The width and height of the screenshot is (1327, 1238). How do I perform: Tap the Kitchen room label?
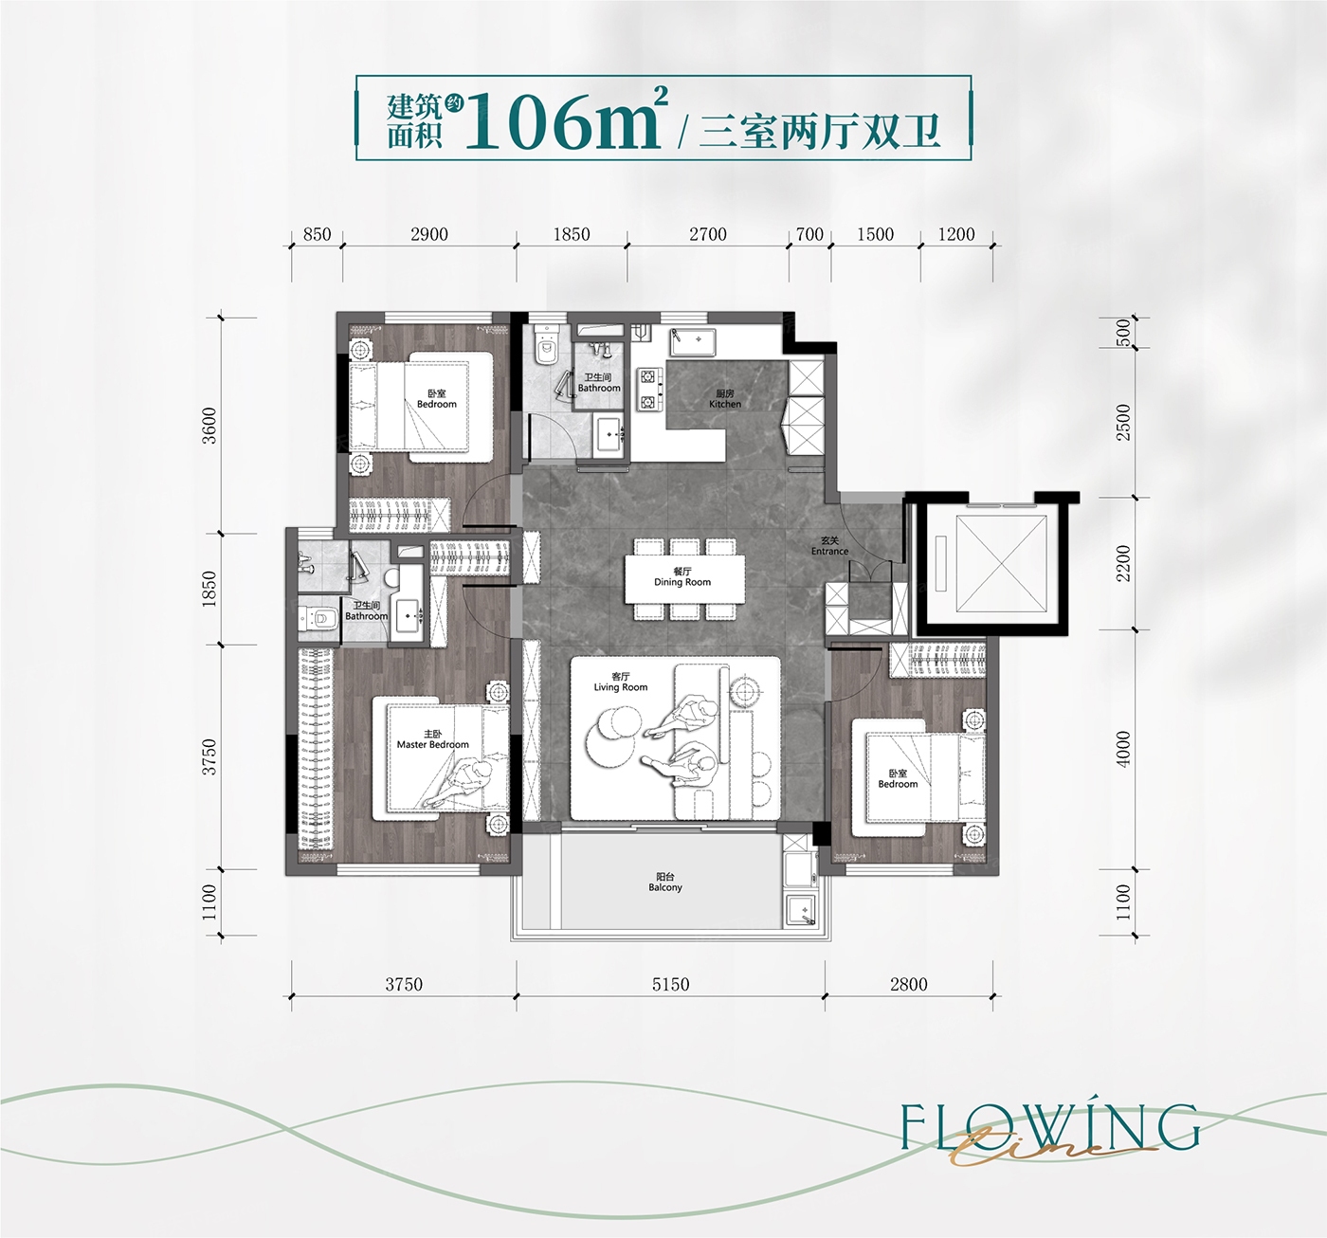[x=725, y=399]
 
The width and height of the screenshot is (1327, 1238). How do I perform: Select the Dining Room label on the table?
[x=682, y=577]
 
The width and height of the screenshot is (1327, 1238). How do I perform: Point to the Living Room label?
[x=621, y=682]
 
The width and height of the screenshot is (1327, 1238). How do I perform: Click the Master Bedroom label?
[x=433, y=739]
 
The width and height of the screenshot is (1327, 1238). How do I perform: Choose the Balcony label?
[x=664, y=883]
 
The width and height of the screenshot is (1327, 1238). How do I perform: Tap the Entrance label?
[x=830, y=546]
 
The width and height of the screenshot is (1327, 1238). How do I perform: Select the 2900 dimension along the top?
[x=429, y=234]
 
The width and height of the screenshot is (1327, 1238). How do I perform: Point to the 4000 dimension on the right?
[x=1123, y=749]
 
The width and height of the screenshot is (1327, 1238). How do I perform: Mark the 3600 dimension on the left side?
[x=209, y=425]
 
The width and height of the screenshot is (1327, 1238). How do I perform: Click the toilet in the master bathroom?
[x=319, y=617]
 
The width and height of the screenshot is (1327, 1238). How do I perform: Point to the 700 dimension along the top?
[x=809, y=234]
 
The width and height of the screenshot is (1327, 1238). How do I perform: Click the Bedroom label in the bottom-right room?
[x=898, y=779]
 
